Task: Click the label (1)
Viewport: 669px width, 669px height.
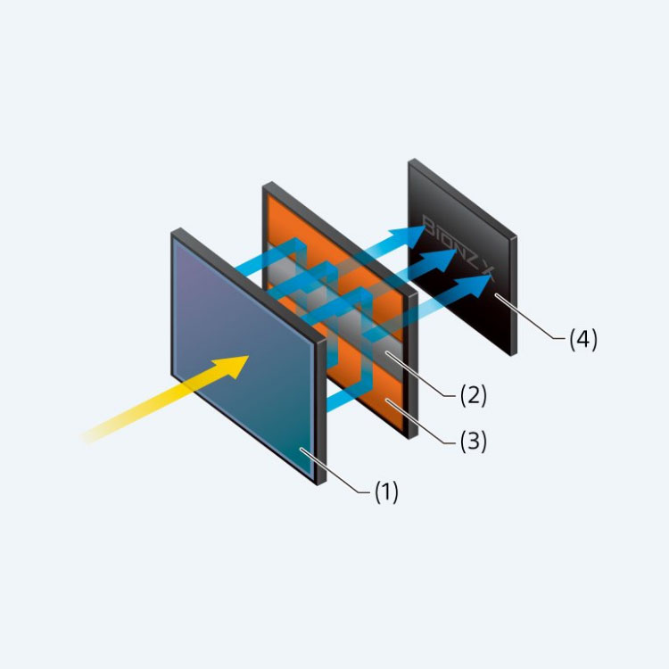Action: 385,492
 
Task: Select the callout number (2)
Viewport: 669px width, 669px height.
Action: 473,395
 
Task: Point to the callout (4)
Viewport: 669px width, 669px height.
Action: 582,339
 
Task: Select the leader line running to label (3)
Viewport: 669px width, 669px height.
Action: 424,421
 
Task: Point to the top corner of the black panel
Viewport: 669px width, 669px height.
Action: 412,162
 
